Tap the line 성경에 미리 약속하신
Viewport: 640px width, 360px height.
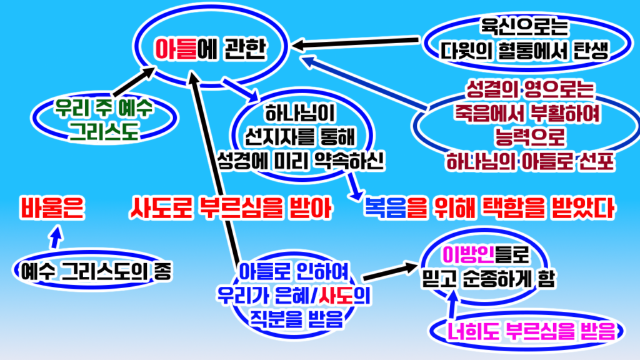point(300,159)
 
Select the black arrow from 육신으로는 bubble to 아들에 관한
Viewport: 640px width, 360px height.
point(356,43)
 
